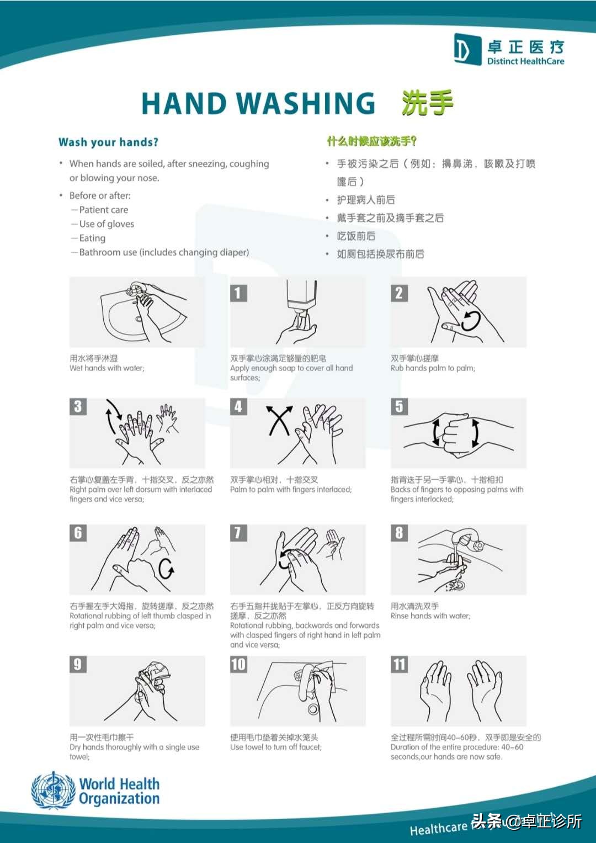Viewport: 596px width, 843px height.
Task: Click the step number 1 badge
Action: pos(238,293)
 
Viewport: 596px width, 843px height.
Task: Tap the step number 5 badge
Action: pos(399,407)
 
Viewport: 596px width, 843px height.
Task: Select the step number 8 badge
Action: pos(399,533)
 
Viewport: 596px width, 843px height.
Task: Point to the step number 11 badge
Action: pos(400,664)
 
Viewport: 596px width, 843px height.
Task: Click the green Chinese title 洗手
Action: pos(427,103)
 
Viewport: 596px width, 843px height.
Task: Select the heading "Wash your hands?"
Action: pos(108,142)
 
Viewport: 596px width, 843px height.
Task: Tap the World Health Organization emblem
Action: pos(53,791)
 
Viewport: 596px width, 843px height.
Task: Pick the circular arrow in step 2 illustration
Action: pos(471,320)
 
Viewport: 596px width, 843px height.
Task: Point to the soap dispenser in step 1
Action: pos(301,298)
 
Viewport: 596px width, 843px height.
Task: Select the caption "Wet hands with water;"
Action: pos(107,368)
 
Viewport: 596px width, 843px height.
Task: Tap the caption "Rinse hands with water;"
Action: pos(430,616)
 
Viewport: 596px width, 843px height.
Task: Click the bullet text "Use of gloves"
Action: pos(107,224)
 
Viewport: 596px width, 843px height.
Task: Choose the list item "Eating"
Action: pos(92,238)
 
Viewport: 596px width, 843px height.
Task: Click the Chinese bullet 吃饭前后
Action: pos(356,236)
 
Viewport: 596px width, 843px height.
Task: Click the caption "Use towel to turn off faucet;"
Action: pos(276,747)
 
